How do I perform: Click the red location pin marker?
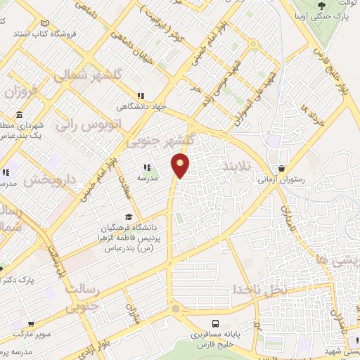(181, 165)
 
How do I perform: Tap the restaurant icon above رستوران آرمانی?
(282, 169)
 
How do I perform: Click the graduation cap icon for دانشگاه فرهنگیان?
(129, 217)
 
